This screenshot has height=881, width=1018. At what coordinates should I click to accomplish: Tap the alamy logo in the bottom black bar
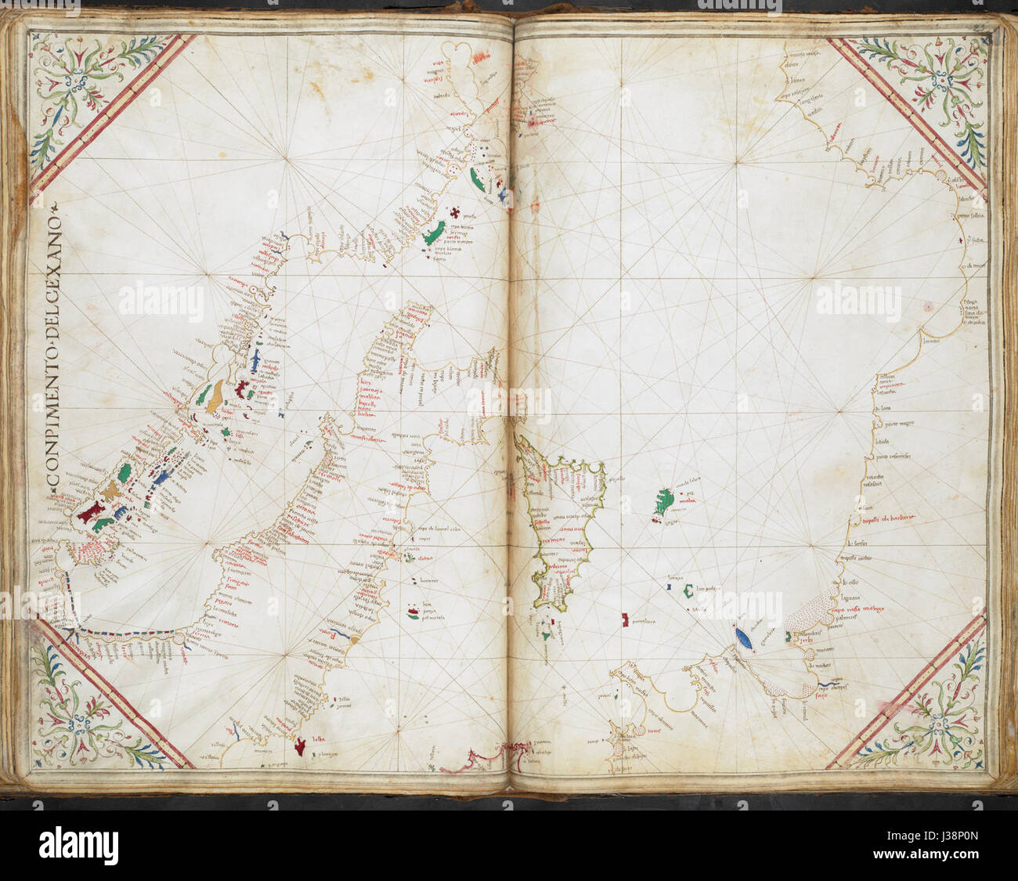[78, 846]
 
